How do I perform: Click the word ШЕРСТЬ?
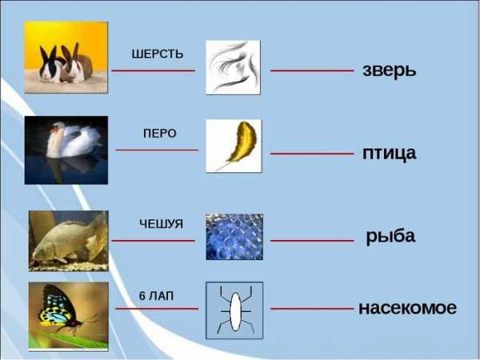tap(158, 54)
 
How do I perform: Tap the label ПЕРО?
tap(160, 134)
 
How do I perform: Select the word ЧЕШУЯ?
tap(162, 224)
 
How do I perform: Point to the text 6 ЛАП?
tap(157, 296)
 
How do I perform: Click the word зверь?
tap(390, 70)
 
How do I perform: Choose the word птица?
tap(390, 154)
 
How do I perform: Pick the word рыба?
tap(390, 236)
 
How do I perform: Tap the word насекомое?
tap(407, 308)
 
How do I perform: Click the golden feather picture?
tap(234, 146)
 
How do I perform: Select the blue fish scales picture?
tap(234, 237)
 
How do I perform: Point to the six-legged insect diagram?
tap(234, 310)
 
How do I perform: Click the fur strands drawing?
tap(234, 67)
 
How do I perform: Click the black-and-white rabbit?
tap(50, 66)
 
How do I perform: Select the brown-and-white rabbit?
tap(77, 64)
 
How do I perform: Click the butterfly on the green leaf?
tap(62, 309)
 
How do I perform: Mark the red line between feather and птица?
tap(312, 154)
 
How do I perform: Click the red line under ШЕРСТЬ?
tap(154, 70)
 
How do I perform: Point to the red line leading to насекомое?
tap(312, 309)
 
